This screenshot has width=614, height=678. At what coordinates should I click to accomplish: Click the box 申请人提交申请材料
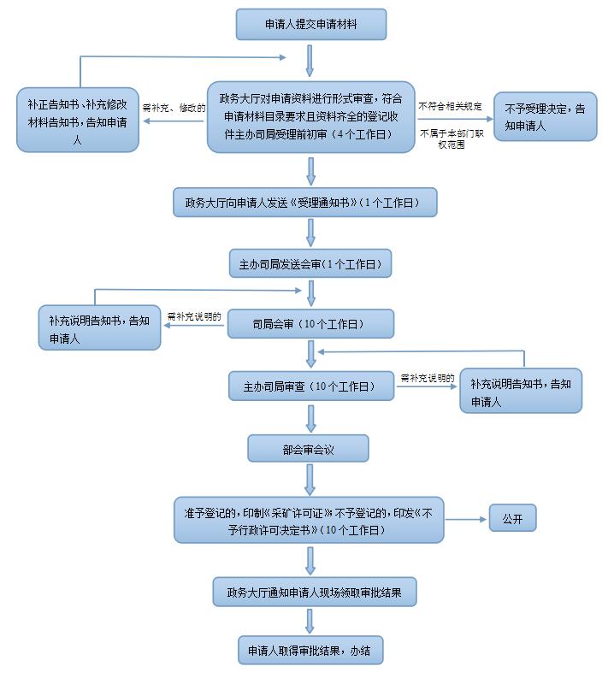tap(311, 25)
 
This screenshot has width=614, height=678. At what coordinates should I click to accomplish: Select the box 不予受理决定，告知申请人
tap(545, 117)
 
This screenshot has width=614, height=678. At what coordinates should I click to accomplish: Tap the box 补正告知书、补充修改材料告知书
tap(77, 120)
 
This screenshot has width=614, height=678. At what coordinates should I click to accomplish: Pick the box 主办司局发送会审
tap(310, 264)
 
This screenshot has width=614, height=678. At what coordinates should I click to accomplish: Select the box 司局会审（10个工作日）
tap(310, 325)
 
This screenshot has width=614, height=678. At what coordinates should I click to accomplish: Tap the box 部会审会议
tap(308, 448)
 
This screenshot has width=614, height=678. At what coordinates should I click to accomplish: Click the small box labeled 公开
tap(512, 519)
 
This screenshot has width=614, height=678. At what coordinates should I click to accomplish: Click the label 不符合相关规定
tap(451, 106)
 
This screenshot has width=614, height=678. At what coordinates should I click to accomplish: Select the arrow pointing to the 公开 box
tap(465, 519)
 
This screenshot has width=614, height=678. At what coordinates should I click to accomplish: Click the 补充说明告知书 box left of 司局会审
tap(99, 328)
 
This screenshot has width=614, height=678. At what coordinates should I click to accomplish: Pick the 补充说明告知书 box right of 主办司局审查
tap(521, 392)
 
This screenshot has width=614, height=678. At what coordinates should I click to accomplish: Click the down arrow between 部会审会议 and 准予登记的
tap(310, 479)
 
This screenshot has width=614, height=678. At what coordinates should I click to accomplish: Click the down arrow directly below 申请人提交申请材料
tap(310, 59)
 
